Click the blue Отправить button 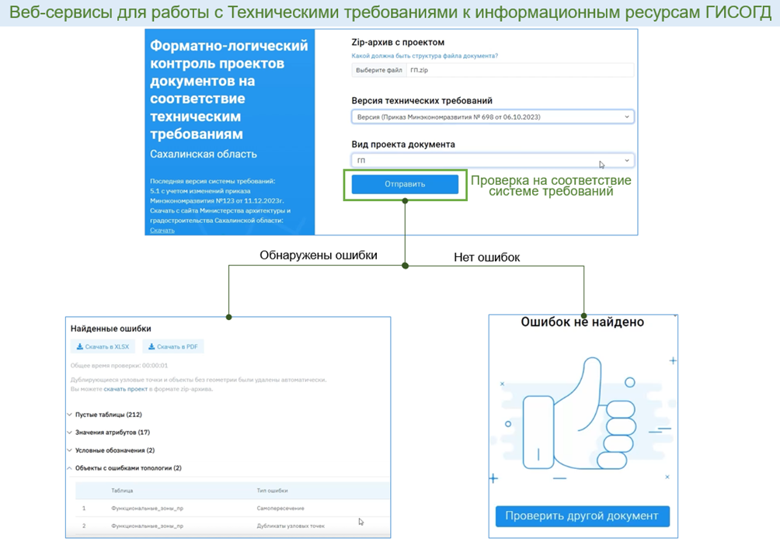tap(405, 184)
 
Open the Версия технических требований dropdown tap(493, 117)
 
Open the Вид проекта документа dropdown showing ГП tap(493, 161)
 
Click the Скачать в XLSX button tap(103, 347)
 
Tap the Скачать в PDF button tap(173, 347)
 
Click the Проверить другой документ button tap(582, 516)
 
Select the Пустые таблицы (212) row tap(108, 415)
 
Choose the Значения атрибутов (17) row tap(112, 433)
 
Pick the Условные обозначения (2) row tap(114, 450)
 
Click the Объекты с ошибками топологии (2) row tap(128, 468)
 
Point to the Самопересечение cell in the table tap(280, 509)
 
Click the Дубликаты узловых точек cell tap(291, 526)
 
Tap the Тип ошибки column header tap(272, 491)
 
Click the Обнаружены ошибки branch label tap(319, 255)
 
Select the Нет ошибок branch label tap(487, 257)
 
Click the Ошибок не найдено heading tap(582, 322)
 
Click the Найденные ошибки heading tap(111, 328)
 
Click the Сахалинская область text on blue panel tap(204, 154)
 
